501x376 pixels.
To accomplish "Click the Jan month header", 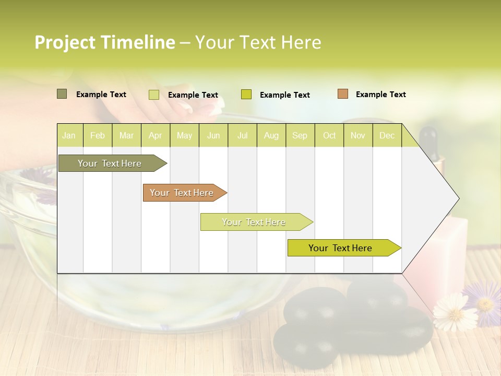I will pyautogui.click(x=69, y=136).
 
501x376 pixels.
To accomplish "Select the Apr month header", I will pyautogui.click(x=155, y=136).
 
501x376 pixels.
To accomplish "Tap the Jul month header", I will pyautogui.click(x=242, y=136).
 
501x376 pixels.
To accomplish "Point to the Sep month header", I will pyautogui.click(x=300, y=136).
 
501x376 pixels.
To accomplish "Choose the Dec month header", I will pyautogui.click(x=387, y=136).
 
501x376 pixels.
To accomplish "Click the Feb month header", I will pyautogui.click(x=98, y=136).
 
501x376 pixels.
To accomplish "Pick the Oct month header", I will pyautogui.click(x=329, y=136).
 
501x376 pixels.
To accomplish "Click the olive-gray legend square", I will pyautogui.click(x=62, y=94).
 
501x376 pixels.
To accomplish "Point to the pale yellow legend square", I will pyautogui.click(x=154, y=95).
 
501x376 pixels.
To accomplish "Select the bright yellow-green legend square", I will pyautogui.click(x=246, y=95).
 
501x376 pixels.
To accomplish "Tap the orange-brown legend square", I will pyautogui.click(x=342, y=94).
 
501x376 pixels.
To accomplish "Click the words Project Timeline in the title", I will pyautogui.click(x=105, y=42).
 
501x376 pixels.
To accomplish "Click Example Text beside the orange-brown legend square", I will pyautogui.click(x=380, y=95).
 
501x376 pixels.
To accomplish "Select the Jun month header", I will pyautogui.click(x=213, y=136).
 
